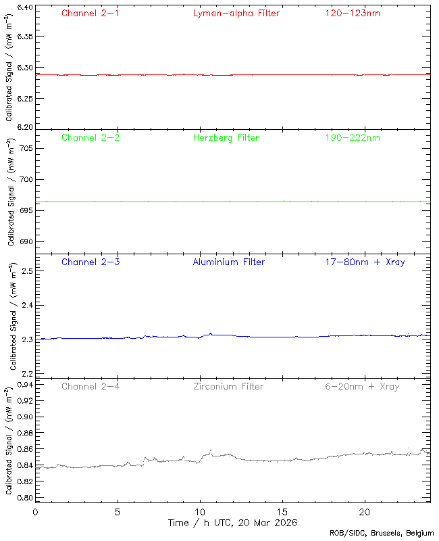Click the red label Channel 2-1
[91, 13]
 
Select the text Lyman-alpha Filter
[236, 13]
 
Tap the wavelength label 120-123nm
[352, 13]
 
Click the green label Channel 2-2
[91, 137]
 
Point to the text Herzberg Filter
[226, 137]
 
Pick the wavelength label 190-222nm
[352, 137]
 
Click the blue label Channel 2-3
[91, 262]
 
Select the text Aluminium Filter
[228, 262]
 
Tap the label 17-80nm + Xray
[365, 262]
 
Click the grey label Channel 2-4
[91, 386]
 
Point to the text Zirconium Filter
[228, 386]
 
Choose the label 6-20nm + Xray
[361, 386]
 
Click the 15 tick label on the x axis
[282, 512]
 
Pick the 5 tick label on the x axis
[118, 512]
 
